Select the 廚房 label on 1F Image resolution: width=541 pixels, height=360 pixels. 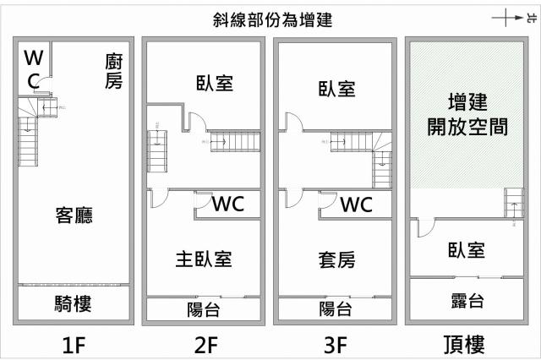click(x=115, y=71)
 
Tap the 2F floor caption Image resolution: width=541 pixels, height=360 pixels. click(x=203, y=344)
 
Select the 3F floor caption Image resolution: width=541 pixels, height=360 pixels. click(x=336, y=344)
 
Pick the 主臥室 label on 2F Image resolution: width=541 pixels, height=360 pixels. click(x=203, y=258)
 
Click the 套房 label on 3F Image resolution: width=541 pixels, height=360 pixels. click(x=336, y=258)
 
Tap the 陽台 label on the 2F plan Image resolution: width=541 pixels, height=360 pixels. click(x=203, y=309)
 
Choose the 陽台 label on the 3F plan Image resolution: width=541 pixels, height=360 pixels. click(x=336, y=309)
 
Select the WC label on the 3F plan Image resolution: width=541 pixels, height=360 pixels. click(x=357, y=205)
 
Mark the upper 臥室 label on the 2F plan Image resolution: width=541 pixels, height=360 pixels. click(x=203, y=83)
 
